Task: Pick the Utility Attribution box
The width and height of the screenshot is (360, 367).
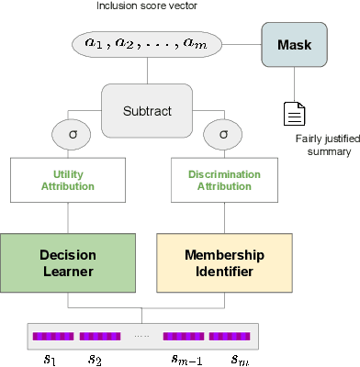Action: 68,179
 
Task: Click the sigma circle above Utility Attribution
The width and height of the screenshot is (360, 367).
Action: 68,134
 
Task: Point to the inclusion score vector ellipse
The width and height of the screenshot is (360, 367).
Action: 147,44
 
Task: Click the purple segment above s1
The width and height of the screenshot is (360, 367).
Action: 53,336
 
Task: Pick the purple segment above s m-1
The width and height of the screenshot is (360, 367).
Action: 183,336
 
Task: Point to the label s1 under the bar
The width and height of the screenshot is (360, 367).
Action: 50,358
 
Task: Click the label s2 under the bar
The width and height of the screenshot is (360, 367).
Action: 96,358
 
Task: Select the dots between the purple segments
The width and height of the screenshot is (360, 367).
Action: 141,337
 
